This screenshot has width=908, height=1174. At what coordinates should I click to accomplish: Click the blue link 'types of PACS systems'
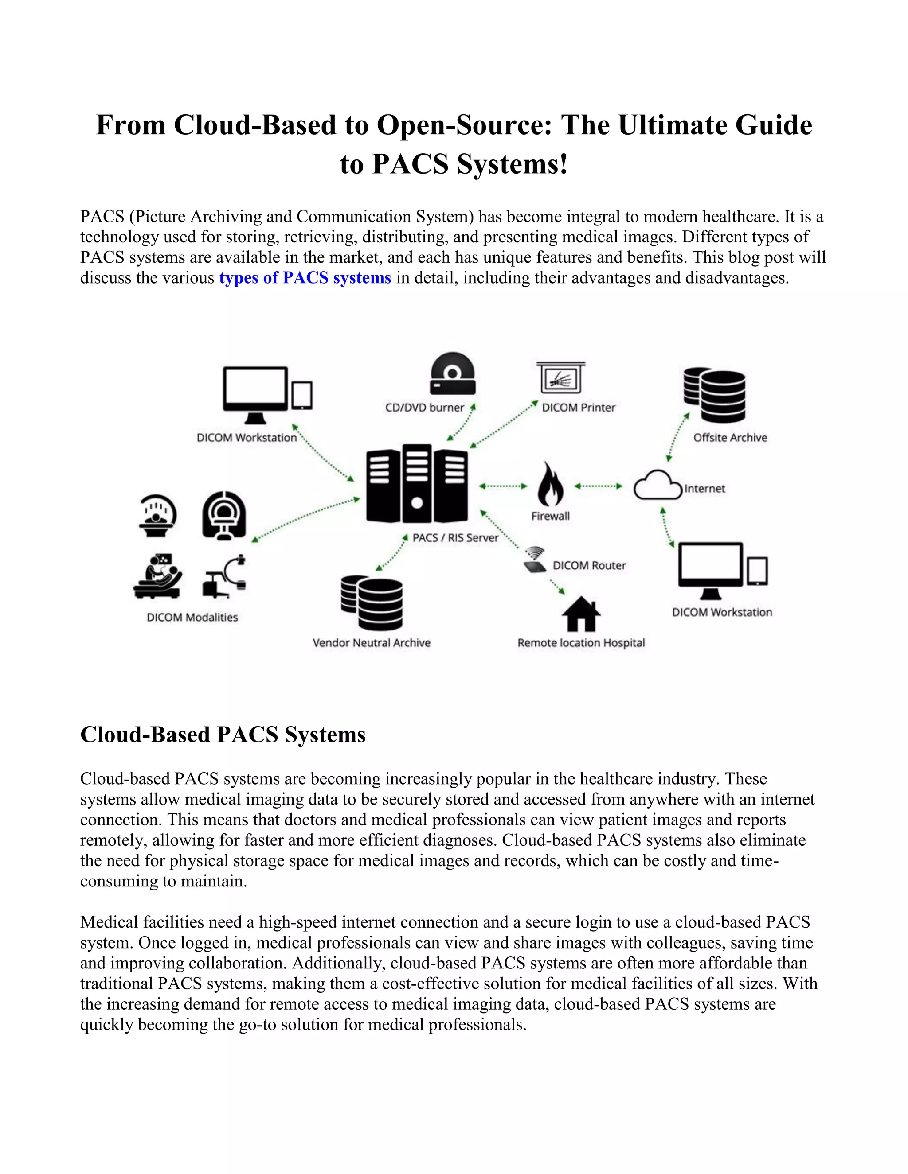[305, 278]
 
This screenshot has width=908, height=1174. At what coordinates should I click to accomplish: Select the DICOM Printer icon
[560, 378]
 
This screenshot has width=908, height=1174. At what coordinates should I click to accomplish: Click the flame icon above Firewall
[551, 484]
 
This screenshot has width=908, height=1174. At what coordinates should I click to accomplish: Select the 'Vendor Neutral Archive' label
[372, 643]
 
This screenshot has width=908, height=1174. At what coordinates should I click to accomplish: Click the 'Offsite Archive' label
[730, 438]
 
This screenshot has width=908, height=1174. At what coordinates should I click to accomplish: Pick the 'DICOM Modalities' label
[192, 617]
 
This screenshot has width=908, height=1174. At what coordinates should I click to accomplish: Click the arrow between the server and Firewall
[503, 486]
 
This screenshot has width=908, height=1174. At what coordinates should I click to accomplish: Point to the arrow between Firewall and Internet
[598, 486]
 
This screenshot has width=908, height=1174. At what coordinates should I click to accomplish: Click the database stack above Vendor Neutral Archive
[372, 603]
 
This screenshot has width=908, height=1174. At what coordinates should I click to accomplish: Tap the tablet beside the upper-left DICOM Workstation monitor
[302, 396]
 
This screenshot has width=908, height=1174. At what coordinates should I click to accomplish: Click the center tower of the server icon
[417, 483]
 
